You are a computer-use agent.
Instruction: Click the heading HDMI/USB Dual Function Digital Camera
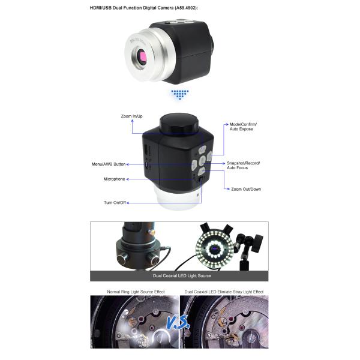tap(131, 8)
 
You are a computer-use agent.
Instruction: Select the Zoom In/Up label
tap(132, 116)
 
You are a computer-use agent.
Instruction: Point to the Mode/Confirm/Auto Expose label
tap(243, 127)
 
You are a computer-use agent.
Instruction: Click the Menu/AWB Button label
tap(109, 164)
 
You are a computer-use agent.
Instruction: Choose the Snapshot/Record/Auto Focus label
tap(244, 166)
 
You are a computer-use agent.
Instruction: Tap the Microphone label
tap(114, 179)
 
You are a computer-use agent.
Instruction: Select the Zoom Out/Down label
tap(246, 189)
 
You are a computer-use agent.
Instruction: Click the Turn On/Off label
tap(115, 203)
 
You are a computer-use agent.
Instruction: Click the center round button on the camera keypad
tap(202, 160)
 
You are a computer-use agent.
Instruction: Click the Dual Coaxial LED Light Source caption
tap(182, 276)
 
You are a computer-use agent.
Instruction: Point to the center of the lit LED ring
tap(215, 249)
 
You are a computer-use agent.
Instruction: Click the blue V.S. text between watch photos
tap(178, 322)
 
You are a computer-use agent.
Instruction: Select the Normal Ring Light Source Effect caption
tap(136, 292)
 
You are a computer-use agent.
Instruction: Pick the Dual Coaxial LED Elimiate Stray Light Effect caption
tap(224, 292)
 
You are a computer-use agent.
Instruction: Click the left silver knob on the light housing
tap(123, 259)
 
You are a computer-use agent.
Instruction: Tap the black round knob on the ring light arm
tap(257, 244)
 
